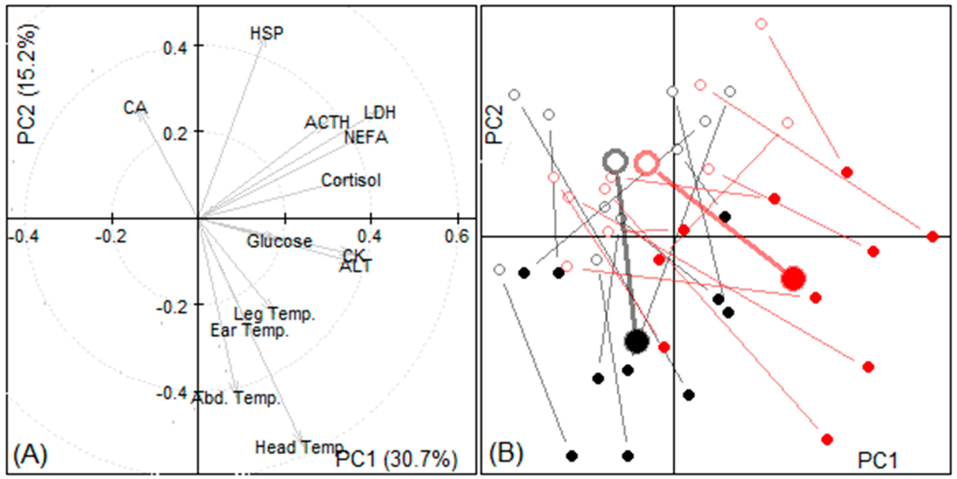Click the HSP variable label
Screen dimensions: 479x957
(266, 33)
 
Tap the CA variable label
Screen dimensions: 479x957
(135, 108)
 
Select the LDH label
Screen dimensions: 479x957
(379, 112)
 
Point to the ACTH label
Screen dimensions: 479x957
(327, 122)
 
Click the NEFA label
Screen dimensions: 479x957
(366, 138)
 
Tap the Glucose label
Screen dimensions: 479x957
(279, 242)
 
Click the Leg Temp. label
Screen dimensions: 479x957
(274, 314)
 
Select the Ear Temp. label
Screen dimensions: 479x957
(249, 331)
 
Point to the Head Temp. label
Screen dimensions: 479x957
(299, 447)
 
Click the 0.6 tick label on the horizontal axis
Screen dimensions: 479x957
(457, 236)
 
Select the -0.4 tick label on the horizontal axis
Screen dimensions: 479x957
(23, 236)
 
